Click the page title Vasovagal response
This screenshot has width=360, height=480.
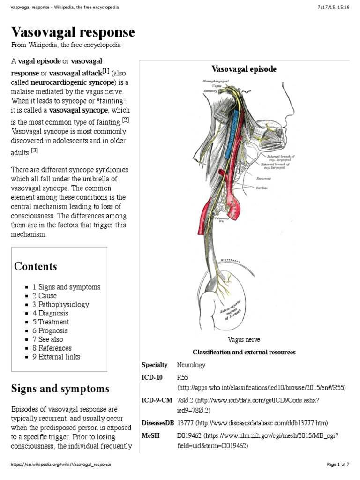click(73, 32)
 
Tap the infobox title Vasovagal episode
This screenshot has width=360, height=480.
click(244, 69)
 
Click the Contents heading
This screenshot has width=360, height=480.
click(36, 266)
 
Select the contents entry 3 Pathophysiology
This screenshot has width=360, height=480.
click(60, 304)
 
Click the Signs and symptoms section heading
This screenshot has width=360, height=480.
click(60, 389)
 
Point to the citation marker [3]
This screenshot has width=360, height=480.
click(34, 150)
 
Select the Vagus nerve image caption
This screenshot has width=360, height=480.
click(244, 339)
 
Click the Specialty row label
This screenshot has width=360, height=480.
click(154, 365)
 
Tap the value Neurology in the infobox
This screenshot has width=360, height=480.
click(191, 365)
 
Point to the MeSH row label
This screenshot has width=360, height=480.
click(150, 435)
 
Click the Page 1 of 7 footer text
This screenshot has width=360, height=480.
click(337, 465)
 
